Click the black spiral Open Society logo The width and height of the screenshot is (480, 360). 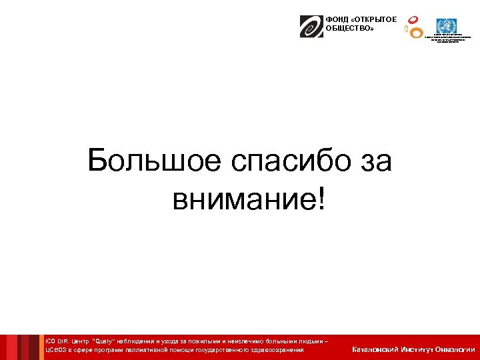311,26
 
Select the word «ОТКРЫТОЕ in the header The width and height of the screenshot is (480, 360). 373,20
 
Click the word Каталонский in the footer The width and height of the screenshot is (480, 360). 376,349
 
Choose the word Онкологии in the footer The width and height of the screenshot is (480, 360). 455,349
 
